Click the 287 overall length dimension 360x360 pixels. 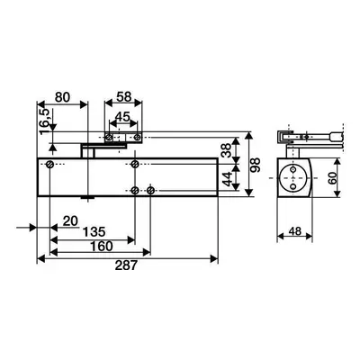point(126,265)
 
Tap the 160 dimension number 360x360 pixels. point(102,247)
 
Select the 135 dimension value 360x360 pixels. point(94,231)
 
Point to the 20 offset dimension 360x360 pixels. point(70,221)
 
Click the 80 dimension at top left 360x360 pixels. point(63,97)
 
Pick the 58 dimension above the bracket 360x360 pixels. point(124,97)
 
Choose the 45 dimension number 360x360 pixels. point(123,117)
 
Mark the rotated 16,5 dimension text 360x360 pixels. point(44,121)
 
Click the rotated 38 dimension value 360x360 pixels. point(227,150)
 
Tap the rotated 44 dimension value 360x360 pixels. point(227,179)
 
